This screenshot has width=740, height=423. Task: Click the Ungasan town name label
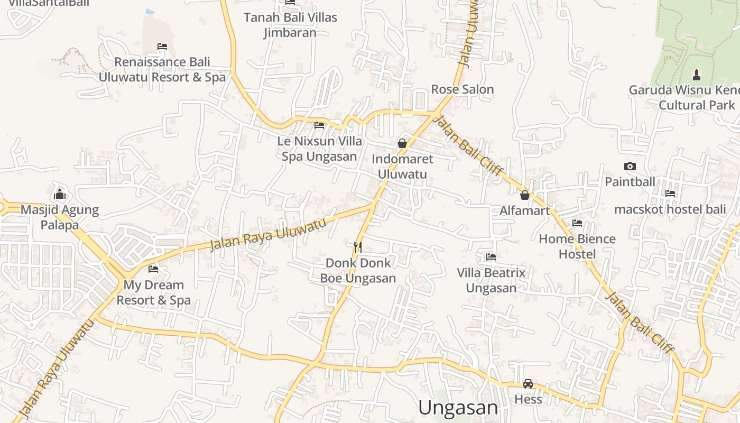coord(458,408)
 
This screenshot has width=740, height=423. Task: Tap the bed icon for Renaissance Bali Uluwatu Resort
coord(162,47)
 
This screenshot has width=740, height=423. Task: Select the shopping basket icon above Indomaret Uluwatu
coord(402,143)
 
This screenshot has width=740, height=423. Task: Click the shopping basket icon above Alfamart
coord(525,195)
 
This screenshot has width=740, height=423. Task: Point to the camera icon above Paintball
coord(630,167)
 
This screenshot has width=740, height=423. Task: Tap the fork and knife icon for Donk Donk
coord(358,246)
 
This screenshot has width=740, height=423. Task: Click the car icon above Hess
coord(528,384)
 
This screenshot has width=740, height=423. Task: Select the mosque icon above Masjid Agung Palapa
coord(60,194)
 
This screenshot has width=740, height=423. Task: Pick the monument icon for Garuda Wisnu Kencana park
coord(696,74)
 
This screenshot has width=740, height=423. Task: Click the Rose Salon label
coord(462,89)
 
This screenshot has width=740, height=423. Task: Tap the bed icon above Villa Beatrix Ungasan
coord(491,257)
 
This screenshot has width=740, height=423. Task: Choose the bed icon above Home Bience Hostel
coord(577,223)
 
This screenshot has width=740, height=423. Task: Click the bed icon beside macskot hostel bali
coord(670,194)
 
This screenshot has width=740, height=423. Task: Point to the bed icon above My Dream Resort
coord(153,269)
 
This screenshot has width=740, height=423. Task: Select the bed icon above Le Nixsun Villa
coord(319,125)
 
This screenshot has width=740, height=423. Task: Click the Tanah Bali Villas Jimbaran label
coord(290,25)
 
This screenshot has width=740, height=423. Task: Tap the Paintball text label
coord(630,182)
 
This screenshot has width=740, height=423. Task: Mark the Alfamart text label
coord(525,211)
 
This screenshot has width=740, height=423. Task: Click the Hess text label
coord(528,399)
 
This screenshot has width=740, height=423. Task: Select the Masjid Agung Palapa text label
coord(60,217)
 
